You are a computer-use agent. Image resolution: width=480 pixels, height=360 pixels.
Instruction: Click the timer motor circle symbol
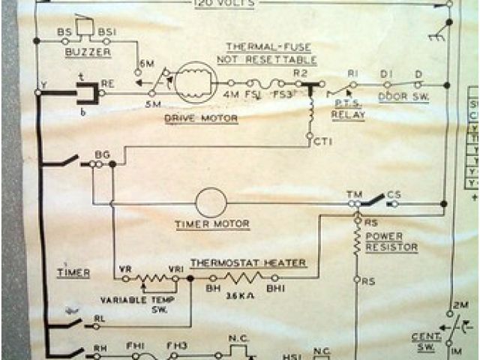pos(211,202)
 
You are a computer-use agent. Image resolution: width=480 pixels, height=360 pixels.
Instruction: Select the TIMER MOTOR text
pos(211,224)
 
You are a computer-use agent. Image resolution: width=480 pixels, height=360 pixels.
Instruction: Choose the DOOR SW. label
pos(403,97)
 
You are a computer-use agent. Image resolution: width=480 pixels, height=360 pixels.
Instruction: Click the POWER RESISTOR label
pos(391,241)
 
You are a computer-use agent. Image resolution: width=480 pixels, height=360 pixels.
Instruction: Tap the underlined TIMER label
pos(70,273)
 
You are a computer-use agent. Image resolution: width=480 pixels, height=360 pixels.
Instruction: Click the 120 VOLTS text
pos(224,4)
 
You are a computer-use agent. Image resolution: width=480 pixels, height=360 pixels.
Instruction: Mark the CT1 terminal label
pos(323,139)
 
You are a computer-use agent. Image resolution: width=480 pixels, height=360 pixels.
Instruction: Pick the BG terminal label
pos(102,154)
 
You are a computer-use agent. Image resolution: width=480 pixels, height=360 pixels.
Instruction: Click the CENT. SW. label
pos(424,342)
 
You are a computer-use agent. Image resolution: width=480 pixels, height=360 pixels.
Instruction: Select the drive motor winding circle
pos(196,82)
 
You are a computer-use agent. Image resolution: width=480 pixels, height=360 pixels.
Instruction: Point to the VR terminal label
pos(125,268)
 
